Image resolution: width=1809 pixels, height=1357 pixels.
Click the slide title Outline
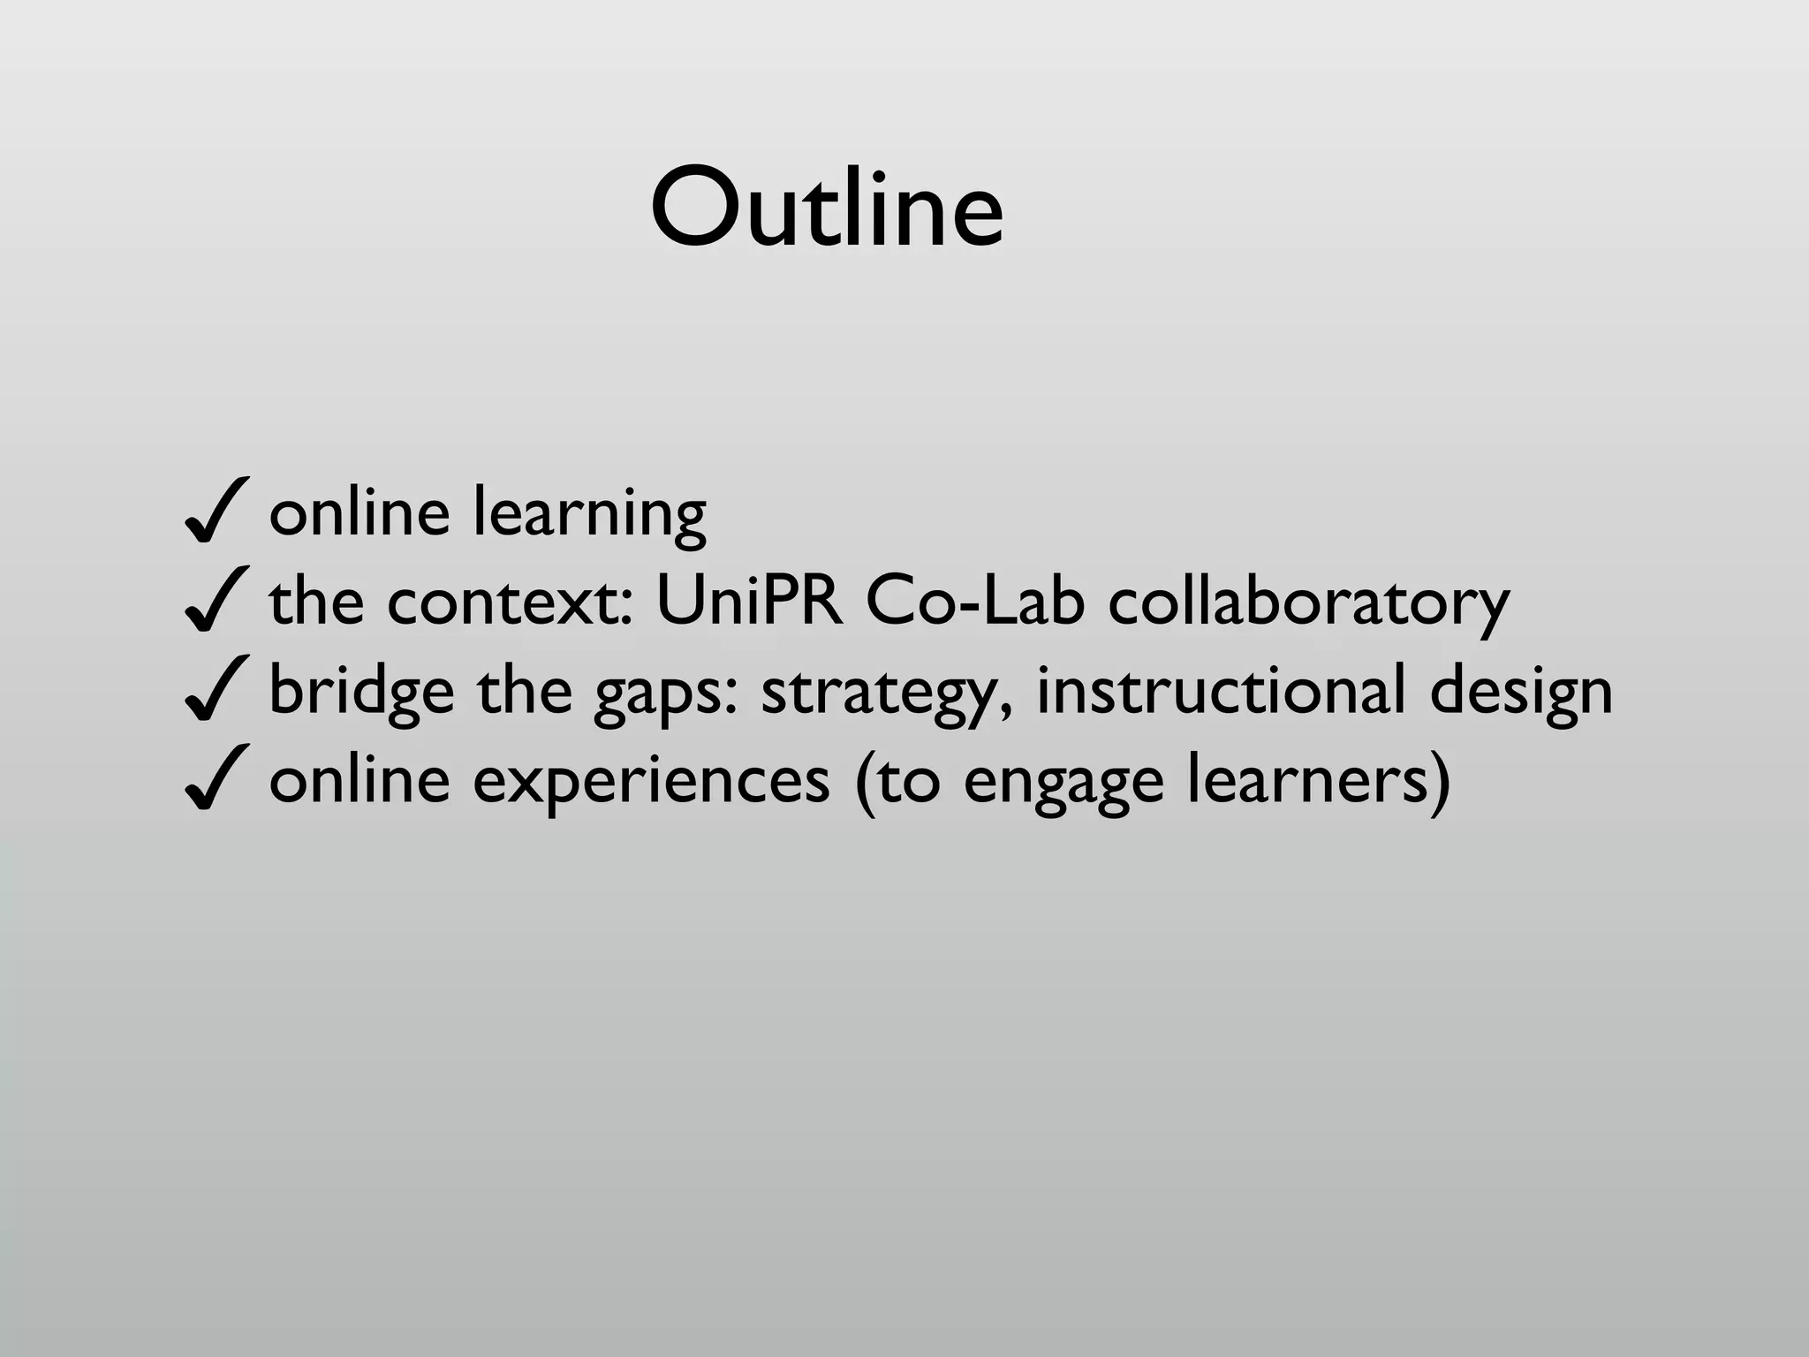(x=827, y=209)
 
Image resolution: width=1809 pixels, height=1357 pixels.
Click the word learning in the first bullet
(x=589, y=512)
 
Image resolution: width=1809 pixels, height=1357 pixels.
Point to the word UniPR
(x=749, y=601)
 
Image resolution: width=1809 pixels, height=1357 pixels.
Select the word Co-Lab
(x=974, y=601)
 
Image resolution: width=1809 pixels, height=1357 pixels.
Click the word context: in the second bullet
(x=510, y=601)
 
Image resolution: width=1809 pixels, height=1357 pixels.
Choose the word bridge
(x=361, y=691)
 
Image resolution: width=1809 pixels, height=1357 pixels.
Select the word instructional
(x=1220, y=689)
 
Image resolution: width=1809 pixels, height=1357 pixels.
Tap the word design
(x=1520, y=691)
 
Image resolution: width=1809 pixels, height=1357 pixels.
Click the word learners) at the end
(x=1317, y=779)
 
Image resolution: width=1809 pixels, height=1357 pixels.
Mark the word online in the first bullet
(x=359, y=512)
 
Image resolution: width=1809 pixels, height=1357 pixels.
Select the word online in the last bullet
(x=359, y=779)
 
